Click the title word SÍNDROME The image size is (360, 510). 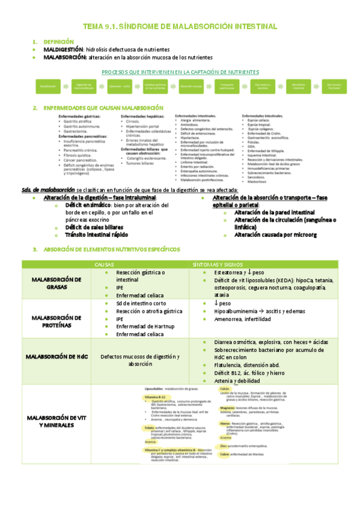(x=135, y=27)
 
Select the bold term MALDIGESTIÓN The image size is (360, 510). (x=64, y=49)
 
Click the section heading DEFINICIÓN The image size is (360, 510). (x=59, y=41)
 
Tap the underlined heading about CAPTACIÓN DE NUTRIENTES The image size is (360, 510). (x=180, y=72)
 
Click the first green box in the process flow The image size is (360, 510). (x=49, y=87)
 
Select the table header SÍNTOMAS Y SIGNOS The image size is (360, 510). (x=217, y=265)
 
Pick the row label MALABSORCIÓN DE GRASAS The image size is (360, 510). (x=56, y=283)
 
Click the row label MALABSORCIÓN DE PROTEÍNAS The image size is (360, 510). (x=56, y=321)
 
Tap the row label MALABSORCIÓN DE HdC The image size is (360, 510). (x=56, y=357)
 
